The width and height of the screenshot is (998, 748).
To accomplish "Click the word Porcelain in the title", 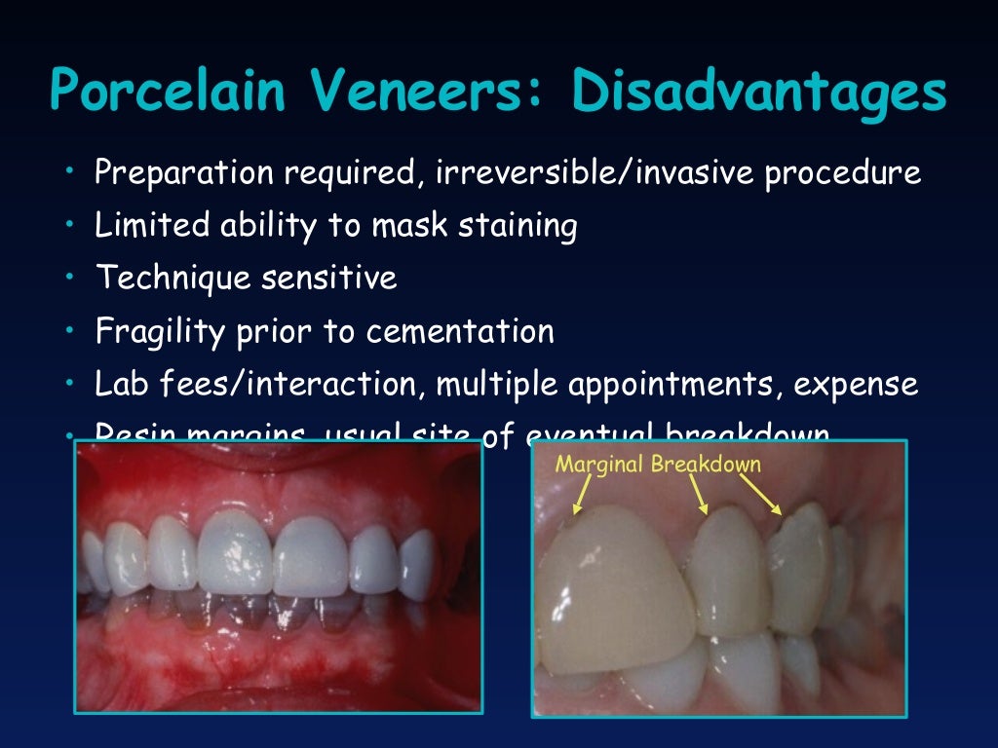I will [x=169, y=93].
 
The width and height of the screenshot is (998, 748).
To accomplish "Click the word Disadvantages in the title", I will [x=759, y=93].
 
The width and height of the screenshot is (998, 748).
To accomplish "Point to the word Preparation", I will [x=182, y=173].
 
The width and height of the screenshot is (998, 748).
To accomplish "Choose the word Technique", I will [x=172, y=279].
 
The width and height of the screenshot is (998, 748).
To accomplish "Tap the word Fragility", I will [x=160, y=331].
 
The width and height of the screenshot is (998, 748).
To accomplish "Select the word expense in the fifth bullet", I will [x=856, y=384].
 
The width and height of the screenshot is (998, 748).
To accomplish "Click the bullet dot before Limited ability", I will [x=71, y=225].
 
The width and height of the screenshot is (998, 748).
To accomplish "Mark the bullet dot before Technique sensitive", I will [x=71, y=278].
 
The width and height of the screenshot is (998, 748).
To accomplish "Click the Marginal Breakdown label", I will [x=658, y=464].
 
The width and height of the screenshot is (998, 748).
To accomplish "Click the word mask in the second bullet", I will [x=399, y=226].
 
